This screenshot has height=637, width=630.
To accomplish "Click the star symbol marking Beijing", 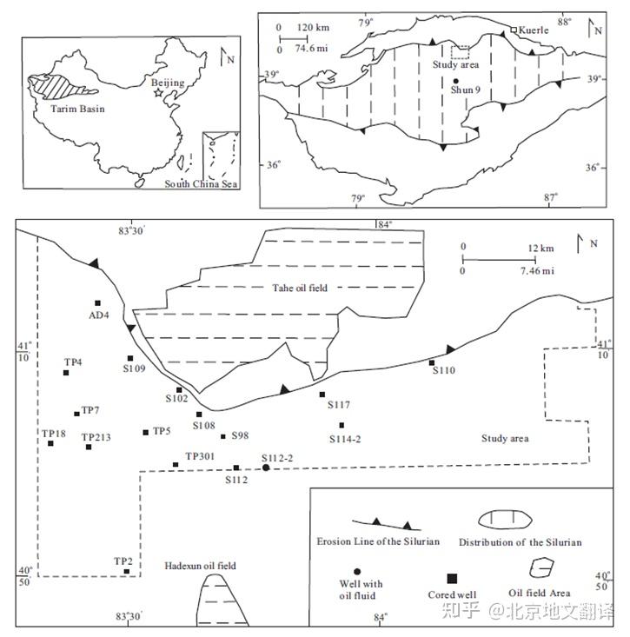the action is [x=158, y=93].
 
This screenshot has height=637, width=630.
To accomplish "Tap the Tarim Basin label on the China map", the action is [x=77, y=109].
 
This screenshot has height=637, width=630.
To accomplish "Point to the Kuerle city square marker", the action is [x=514, y=30].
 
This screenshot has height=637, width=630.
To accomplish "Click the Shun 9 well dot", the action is [x=455, y=81].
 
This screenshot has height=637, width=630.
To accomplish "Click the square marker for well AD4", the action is [x=97, y=303].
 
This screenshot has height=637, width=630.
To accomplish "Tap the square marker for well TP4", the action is [x=66, y=373].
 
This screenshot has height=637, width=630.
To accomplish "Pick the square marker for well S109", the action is [x=130, y=358].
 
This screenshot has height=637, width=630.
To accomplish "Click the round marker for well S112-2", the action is [x=266, y=468].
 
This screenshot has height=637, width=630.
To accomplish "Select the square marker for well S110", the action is [x=432, y=362].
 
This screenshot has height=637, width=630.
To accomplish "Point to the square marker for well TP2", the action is [x=127, y=571].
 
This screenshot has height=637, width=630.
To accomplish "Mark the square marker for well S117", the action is [x=322, y=395].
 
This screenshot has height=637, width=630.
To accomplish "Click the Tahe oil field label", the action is [x=300, y=288].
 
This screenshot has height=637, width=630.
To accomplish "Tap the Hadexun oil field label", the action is [x=200, y=566].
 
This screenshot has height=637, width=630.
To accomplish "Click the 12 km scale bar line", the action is [x=499, y=260].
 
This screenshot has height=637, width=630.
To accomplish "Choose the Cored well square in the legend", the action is [x=452, y=579].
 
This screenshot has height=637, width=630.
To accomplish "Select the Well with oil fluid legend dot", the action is [x=357, y=572].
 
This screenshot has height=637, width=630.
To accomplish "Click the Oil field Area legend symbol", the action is [x=541, y=568].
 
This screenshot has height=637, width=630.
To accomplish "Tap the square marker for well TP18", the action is [x=50, y=443].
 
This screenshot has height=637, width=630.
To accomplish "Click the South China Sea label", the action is [x=201, y=183].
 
